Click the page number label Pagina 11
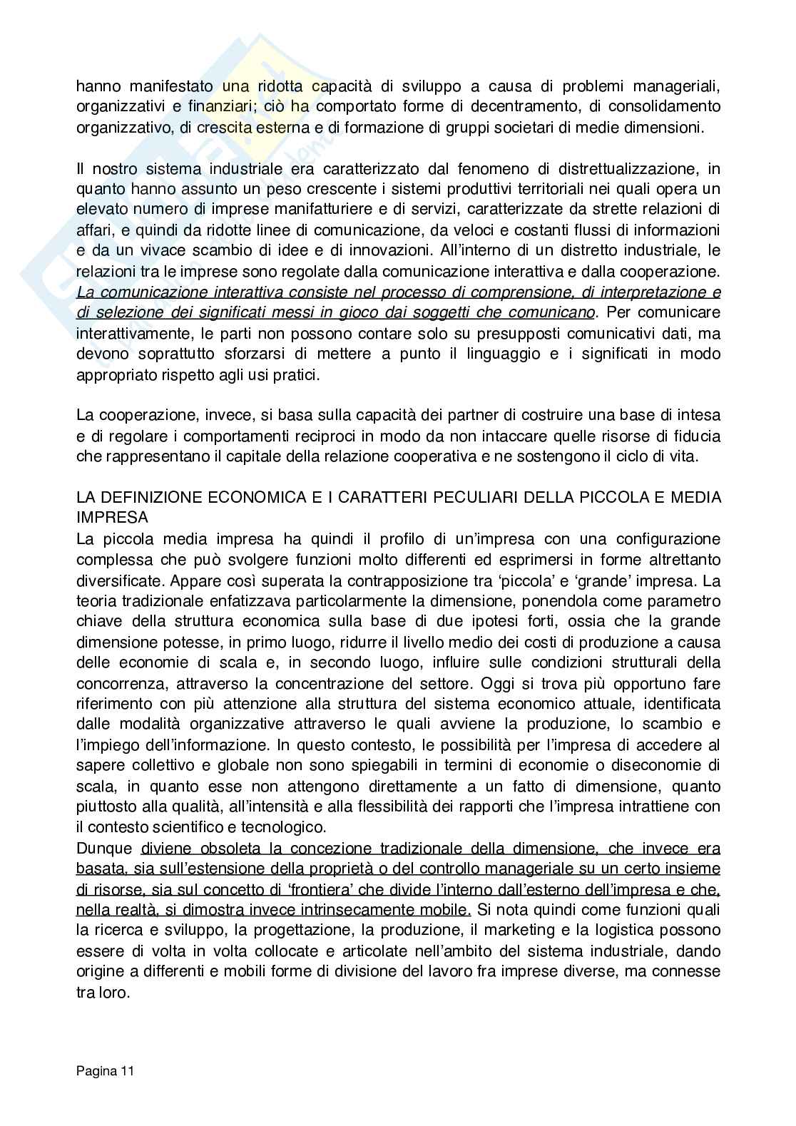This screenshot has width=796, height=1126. point(105,1070)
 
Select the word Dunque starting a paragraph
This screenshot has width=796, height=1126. point(104,849)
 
